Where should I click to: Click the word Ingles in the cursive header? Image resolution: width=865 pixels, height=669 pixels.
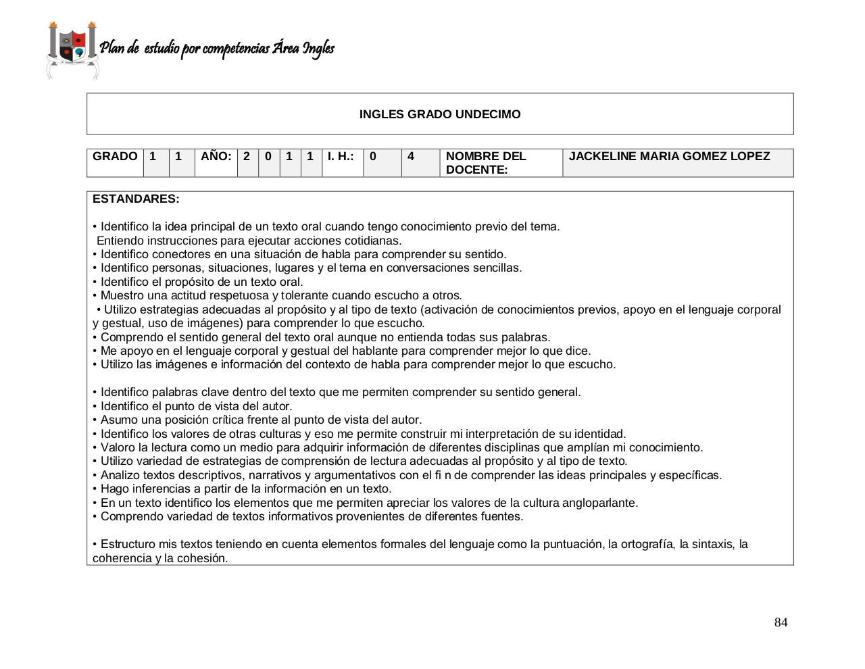[318, 49]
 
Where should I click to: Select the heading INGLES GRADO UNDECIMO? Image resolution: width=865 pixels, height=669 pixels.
[440, 114]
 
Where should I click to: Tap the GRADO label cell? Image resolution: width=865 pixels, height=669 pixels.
[115, 157]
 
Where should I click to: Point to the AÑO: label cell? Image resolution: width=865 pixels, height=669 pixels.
[216, 157]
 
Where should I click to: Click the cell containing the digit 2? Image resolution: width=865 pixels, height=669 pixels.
[247, 157]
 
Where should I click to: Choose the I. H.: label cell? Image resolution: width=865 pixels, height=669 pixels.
[341, 157]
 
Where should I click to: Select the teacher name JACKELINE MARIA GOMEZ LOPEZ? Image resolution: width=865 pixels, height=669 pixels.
[669, 157]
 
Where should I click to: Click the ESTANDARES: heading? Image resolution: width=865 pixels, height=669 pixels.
[136, 199]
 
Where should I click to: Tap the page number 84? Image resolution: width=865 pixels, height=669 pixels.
[781, 622]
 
